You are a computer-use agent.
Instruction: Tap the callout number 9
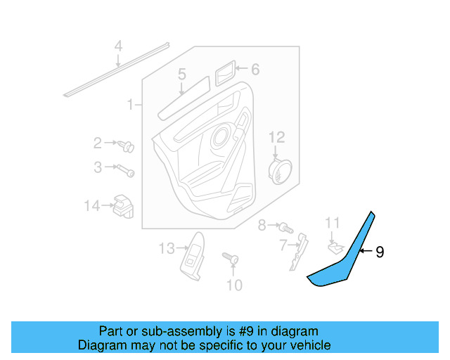pyautogui.click(x=380, y=251)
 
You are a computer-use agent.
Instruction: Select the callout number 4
pyautogui.click(x=119, y=47)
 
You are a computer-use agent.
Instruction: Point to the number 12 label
pyautogui.click(x=276, y=136)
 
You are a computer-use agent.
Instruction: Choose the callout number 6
pyautogui.click(x=255, y=69)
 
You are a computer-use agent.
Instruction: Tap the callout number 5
pyautogui.click(x=181, y=75)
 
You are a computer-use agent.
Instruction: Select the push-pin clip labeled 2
pyautogui.click(x=127, y=147)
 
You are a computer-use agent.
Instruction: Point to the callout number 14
pyautogui.click(x=92, y=206)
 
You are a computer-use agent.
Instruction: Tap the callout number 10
pyautogui.click(x=233, y=285)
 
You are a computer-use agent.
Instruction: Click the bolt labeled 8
pyautogui.click(x=285, y=228)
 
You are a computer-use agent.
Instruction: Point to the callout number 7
pyautogui.click(x=283, y=245)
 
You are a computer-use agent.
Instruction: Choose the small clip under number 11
pyautogui.click(x=335, y=246)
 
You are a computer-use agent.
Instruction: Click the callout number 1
pyautogui.click(x=130, y=105)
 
